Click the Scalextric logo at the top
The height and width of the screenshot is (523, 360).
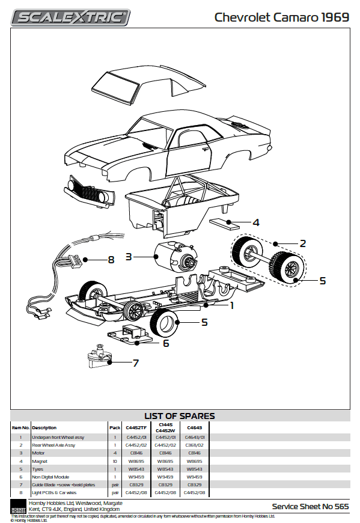[71, 17]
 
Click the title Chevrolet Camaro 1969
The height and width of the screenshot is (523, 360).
[281, 17]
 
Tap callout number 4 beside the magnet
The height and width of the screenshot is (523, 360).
[256, 222]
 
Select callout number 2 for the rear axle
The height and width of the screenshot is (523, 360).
[303, 243]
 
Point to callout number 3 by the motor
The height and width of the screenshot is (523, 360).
[129, 257]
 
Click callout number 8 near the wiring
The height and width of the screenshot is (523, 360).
[111, 260]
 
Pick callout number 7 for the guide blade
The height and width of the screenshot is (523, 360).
[136, 363]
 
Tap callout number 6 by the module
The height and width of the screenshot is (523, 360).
[166, 343]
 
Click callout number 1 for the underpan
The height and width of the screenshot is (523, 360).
[231, 305]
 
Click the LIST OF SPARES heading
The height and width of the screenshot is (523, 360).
[180, 416]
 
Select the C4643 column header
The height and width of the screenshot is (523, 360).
[195, 427]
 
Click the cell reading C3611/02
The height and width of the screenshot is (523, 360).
[195, 445]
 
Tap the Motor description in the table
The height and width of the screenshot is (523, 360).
[38, 453]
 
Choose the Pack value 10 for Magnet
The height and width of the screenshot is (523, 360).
[115, 460]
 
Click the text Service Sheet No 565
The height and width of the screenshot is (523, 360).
[310, 507]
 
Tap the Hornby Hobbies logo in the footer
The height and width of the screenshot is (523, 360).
[18, 507]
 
